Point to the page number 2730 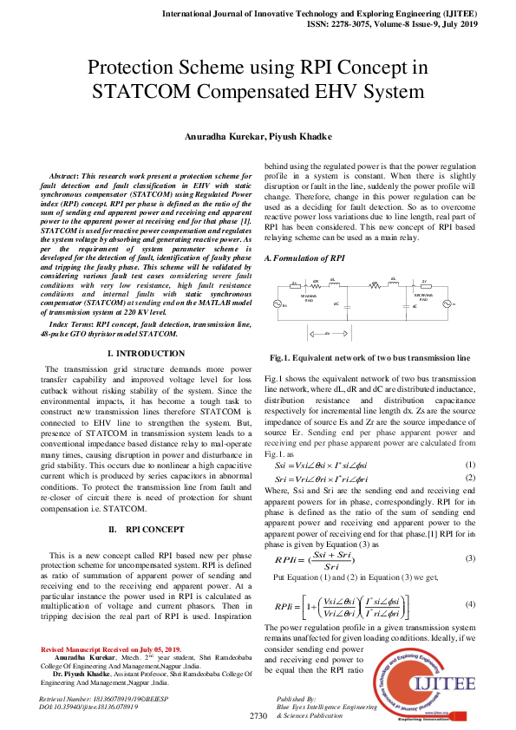pos(258,716)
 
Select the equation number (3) pos(469,557)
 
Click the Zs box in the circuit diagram pos(295,283)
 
